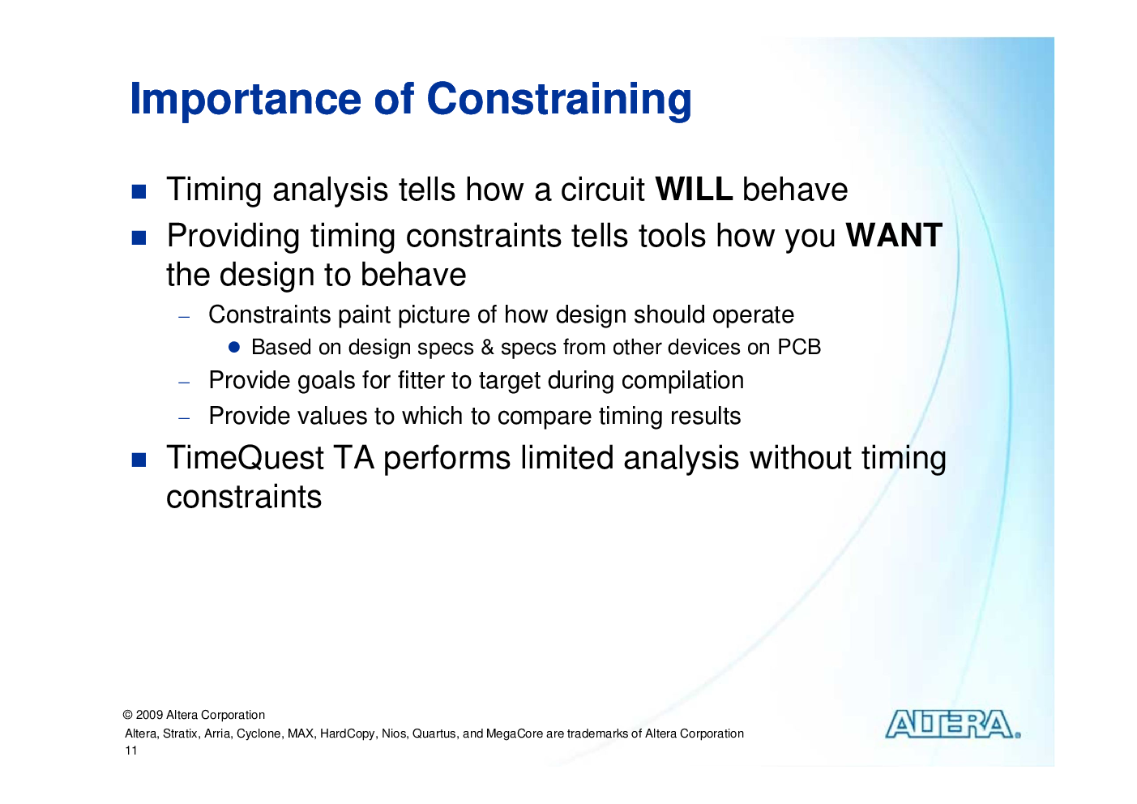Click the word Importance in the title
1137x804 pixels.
(246, 100)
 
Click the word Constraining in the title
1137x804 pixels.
(559, 100)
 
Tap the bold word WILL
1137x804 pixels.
(694, 190)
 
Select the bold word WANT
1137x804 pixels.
(893, 236)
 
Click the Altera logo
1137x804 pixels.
(952, 724)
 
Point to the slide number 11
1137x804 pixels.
(131, 751)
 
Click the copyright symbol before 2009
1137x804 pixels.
(128, 715)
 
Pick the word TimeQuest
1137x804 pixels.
(245, 458)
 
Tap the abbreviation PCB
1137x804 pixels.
(799, 347)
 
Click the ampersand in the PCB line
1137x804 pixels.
(487, 347)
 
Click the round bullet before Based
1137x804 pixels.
(233, 347)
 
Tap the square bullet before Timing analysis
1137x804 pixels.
(139, 191)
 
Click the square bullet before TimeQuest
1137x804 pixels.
(139, 460)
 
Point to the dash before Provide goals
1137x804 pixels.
(184, 383)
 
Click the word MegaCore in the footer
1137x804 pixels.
(515, 733)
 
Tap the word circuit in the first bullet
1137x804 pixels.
(602, 190)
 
